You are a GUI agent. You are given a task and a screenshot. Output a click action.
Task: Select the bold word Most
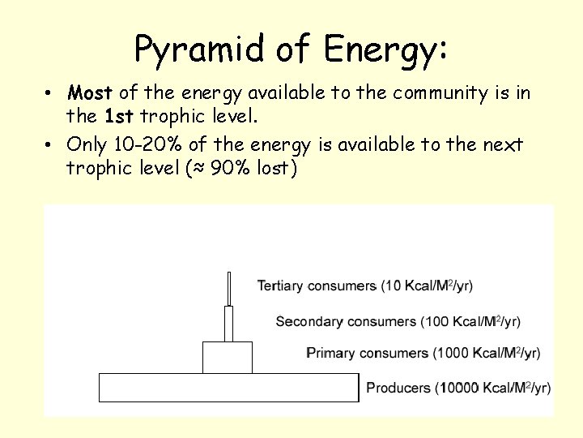tap(91, 93)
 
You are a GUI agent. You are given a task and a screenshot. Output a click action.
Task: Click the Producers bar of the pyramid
tap(228, 388)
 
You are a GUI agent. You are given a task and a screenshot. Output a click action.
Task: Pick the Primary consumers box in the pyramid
tap(227, 357)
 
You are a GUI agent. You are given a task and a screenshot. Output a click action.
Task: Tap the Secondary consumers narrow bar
tap(228, 324)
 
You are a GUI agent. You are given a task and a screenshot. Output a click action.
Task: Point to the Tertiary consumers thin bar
tap(230, 289)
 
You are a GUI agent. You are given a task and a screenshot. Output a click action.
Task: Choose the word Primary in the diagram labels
tap(333, 354)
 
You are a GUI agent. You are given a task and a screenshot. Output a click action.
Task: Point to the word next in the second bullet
tap(504, 145)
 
